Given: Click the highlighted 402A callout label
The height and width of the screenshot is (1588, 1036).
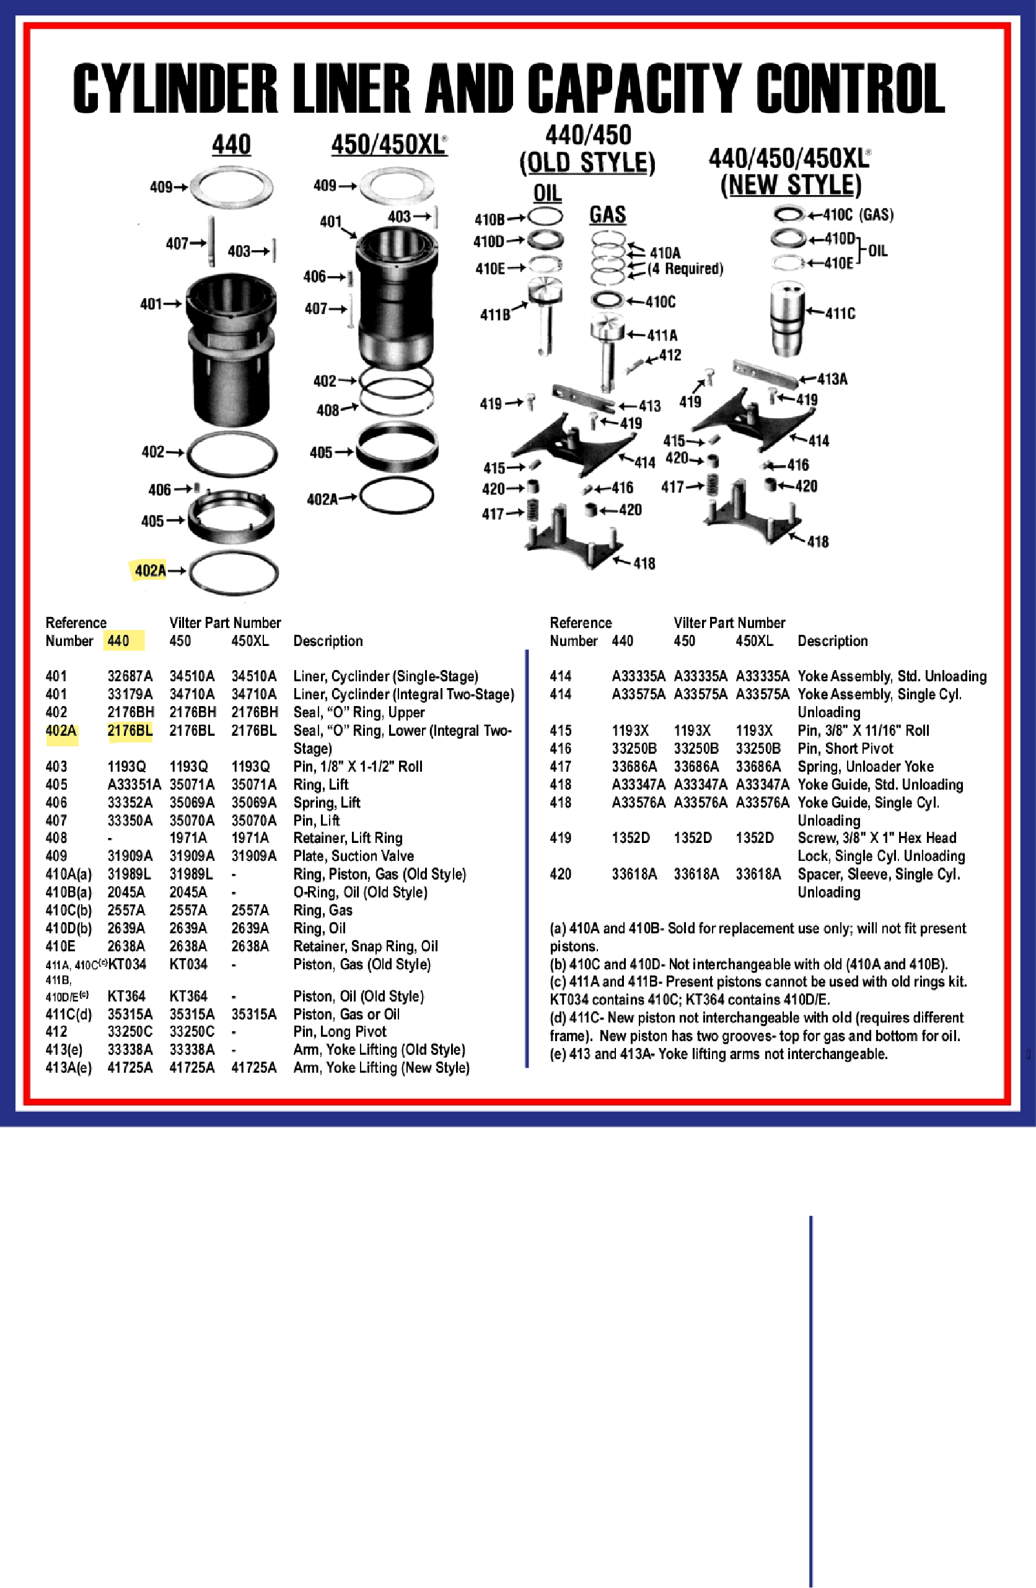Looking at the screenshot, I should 149,570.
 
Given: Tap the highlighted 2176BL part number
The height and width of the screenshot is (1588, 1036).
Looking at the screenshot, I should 129,731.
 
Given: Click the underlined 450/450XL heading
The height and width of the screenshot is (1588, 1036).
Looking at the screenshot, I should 389,145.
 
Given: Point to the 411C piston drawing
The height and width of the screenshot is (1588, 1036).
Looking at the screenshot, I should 786,318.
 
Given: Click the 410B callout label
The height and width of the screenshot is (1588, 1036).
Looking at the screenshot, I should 489,219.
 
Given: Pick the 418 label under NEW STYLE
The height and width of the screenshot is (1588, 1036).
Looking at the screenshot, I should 818,542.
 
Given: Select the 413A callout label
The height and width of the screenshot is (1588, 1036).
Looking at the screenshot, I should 832,379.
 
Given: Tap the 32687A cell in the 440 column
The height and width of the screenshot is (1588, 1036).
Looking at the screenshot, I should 129,676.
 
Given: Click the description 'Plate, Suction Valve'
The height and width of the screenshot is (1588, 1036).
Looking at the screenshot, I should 353,856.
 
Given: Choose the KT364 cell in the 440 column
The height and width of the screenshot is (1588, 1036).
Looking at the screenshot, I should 126,996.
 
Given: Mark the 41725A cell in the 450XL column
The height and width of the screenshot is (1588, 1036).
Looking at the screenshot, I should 253,1068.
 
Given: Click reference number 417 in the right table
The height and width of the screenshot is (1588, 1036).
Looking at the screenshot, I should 560,767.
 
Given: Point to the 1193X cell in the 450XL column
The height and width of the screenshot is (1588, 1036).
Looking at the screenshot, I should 753,731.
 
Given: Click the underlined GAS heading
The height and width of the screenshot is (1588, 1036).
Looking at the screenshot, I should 607,215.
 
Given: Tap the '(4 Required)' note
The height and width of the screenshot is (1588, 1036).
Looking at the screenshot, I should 685,269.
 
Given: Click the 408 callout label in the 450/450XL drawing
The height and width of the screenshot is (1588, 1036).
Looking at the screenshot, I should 328,411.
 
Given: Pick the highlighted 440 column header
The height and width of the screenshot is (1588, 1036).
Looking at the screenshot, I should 119,641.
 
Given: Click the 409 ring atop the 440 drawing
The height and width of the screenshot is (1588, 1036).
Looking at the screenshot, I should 232,188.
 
